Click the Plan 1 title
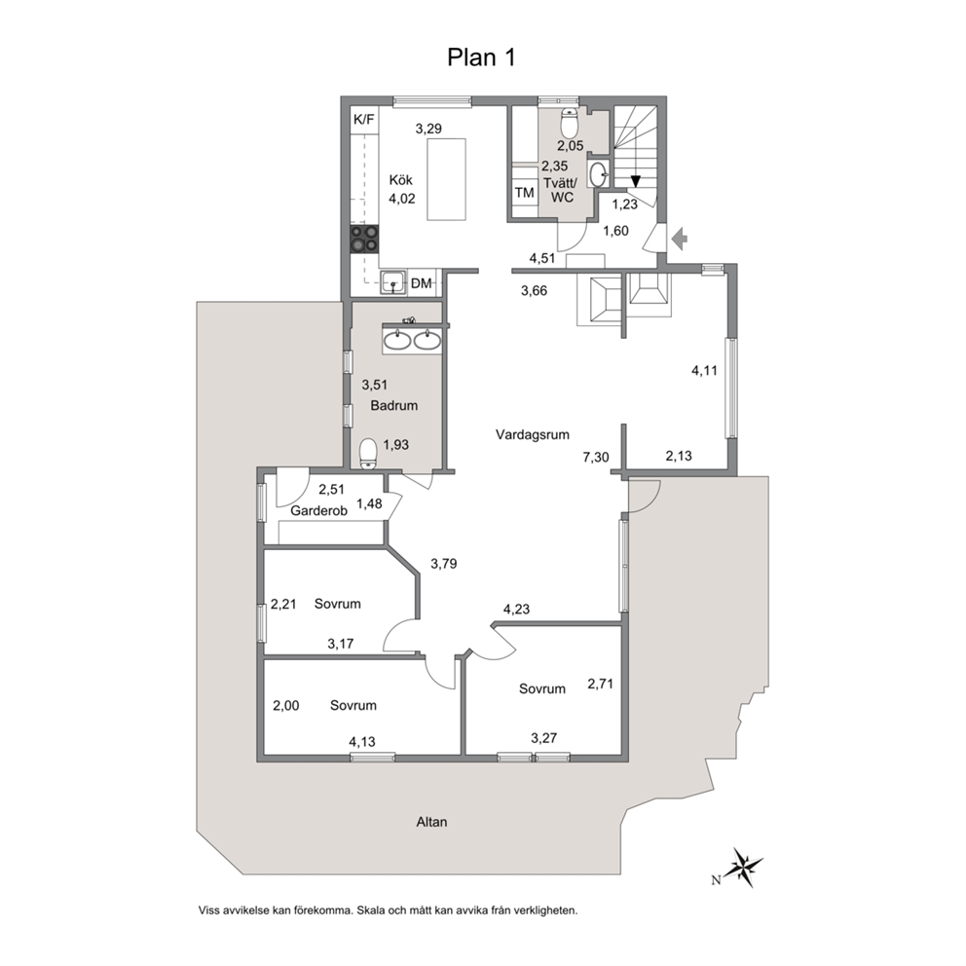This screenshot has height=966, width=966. point(481,57)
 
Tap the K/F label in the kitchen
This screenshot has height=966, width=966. point(364,120)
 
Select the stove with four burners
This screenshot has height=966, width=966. point(364,239)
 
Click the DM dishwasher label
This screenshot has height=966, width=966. point(422,283)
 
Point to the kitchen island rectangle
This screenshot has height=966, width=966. point(447,179)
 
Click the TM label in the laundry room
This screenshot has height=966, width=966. point(524,193)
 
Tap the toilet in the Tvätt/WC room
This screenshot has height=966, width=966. point(570,124)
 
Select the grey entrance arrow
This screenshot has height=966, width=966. point(680,239)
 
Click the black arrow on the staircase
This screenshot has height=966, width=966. point(635,181)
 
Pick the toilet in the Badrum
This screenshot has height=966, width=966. point(368,454)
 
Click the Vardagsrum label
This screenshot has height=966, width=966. point(533,434)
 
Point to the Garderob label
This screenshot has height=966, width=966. point(318,510)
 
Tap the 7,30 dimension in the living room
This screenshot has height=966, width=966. point(596,457)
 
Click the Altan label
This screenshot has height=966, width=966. point(431,822)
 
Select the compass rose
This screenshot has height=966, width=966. point(744,867)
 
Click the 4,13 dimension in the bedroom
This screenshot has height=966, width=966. point(362,742)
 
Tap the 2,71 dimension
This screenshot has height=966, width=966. point(600,684)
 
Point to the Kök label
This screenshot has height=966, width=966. point(400,180)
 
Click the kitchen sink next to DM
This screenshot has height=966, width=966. point(393,282)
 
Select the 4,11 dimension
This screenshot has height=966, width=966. point(704,370)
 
